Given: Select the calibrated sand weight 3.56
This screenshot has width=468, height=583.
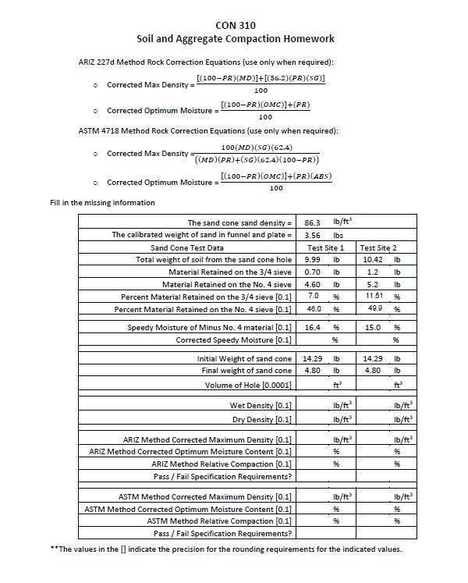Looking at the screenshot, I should [x=312, y=235].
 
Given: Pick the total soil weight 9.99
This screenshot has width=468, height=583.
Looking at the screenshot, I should [x=312, y=259].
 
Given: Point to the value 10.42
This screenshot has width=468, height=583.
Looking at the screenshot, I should [x=373, y=259].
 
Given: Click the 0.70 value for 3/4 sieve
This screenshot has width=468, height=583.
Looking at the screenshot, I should [x=312, y=272].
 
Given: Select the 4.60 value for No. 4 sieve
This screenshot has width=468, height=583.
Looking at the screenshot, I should [x=312, y=284].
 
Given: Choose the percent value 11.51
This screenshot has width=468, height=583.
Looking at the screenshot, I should [x=374, y=297].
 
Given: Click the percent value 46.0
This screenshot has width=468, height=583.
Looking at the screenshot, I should [x=312, y=309].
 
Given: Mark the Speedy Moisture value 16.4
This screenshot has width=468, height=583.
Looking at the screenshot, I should [x=312, y=328].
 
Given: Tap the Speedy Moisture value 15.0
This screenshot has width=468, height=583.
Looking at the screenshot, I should [x=373, y=328].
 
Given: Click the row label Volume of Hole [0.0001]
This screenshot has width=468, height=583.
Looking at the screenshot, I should [x=249, y=385].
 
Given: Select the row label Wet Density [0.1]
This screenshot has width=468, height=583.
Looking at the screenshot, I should [x=261, y=405].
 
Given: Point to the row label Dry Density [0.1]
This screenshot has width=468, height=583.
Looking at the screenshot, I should [x=261, y=419].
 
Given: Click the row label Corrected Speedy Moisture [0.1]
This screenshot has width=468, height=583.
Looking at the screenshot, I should [x=234, y=340].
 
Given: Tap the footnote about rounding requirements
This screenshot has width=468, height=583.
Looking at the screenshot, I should [x=226, y=549].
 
